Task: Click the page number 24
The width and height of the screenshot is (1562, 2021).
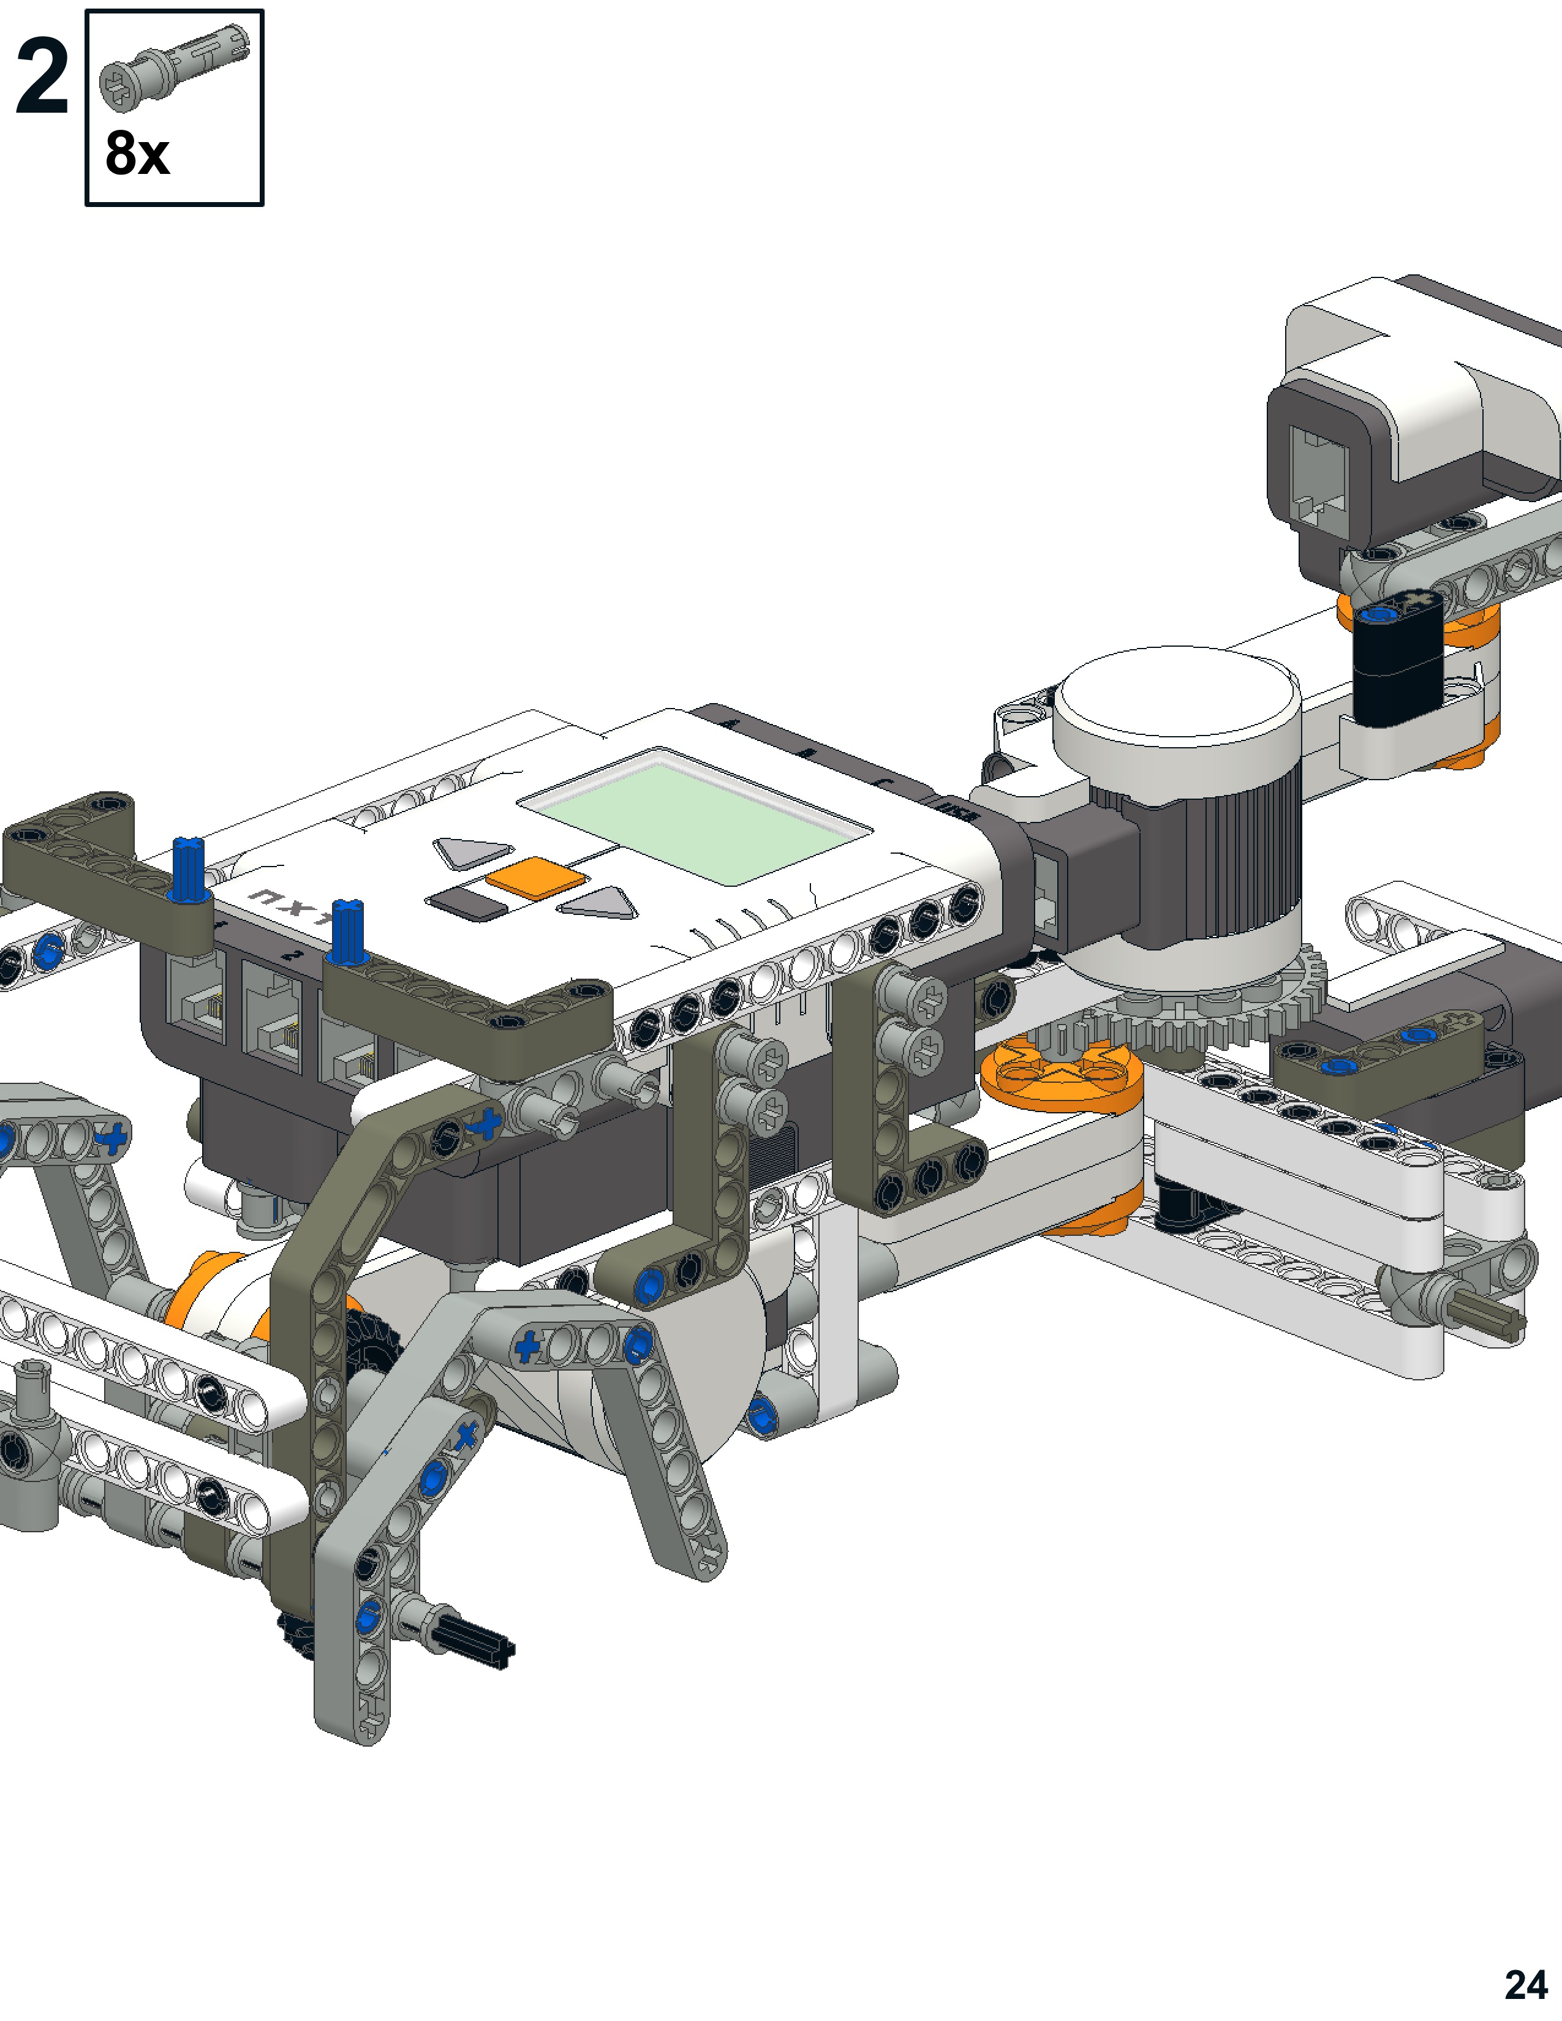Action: coord(1526,1984)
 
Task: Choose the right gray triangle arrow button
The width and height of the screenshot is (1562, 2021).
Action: coord(600,902)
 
